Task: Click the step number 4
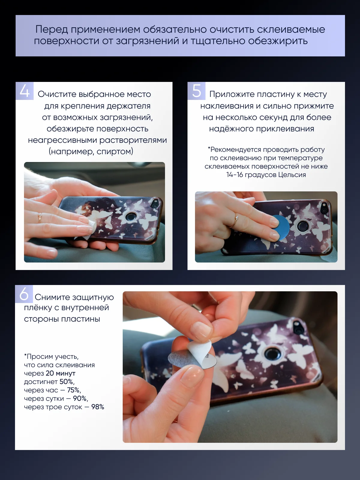point(25,91)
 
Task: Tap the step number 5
point(196,91)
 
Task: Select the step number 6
point(24,294)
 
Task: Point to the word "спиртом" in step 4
point(115,151)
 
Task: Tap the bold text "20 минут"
point(61,373)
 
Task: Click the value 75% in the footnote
point(74,390)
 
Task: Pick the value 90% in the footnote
point(80,398)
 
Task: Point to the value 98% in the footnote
point(97,407)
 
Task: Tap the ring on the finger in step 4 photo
point(40,217)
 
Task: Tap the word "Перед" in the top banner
point(52,29)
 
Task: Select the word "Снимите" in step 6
point(52,297)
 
